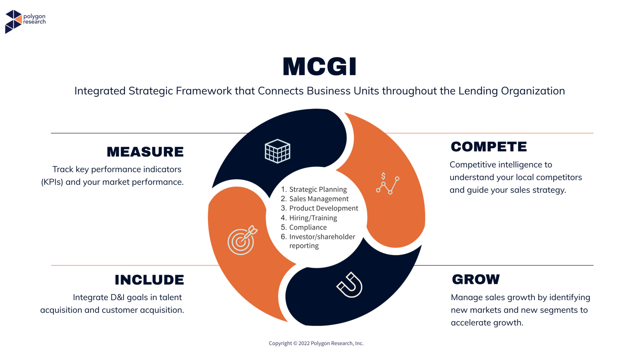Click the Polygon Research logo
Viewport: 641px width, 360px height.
25,21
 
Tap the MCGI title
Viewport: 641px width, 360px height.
320,67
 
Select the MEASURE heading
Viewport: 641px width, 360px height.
145,152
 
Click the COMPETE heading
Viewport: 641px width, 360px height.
489,147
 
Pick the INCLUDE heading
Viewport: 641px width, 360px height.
150,280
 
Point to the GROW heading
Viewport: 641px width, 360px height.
476,280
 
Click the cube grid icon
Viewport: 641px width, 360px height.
278,151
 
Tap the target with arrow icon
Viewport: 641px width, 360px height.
242,240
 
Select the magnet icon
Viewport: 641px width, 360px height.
349,285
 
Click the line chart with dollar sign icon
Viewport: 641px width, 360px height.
388,183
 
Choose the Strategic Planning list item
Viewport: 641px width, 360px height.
314,189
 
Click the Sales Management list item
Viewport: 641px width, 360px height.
314,199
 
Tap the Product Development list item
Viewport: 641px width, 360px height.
319,208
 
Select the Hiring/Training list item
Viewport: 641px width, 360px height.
309,218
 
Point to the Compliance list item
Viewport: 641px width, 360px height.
304,227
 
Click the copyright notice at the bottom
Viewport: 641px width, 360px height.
316,343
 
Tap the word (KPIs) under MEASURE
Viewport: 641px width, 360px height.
52,182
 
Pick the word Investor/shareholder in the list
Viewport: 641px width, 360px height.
322,237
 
